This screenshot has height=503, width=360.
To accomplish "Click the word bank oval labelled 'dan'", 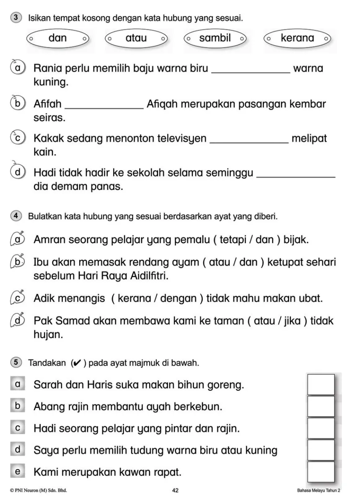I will tap(58, 39).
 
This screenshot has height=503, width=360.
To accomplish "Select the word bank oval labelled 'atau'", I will tap(136, 39).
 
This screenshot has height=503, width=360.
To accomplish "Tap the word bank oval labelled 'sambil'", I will tap(215, 39).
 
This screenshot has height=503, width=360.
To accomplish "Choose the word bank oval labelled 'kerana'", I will tap(297, 39).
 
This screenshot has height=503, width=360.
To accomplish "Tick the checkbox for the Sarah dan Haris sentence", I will tap(321, 384).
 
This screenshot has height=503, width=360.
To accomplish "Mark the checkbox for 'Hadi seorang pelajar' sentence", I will tap(321, 428).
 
